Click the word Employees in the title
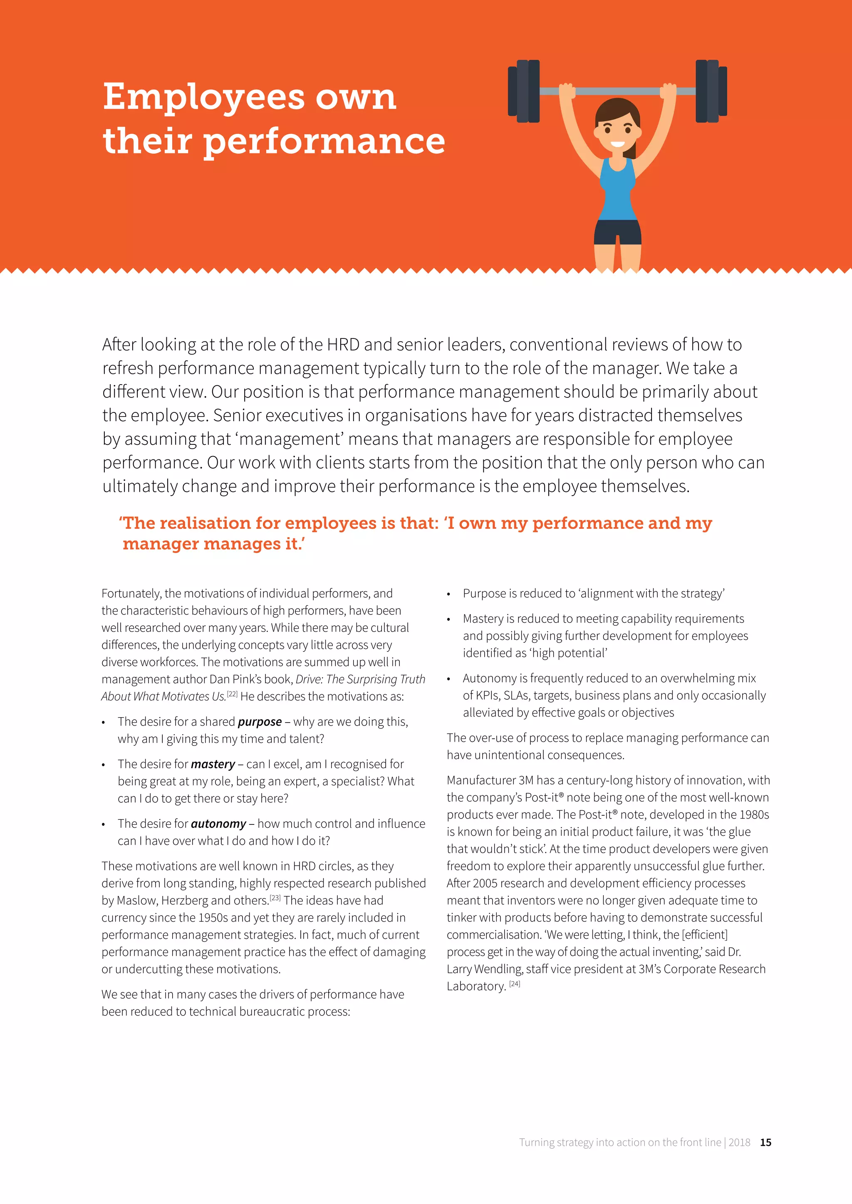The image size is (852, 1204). click(203, 98)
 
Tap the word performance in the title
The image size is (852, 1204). click(324, 143)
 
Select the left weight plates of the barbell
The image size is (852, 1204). click(524, 91)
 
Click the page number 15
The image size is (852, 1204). click(765, 1142)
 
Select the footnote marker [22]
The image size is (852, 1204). click(232, 694)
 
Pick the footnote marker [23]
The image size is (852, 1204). click(275, 898)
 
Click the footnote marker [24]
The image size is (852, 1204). click(515, 984)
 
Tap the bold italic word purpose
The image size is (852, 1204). click(260, 722)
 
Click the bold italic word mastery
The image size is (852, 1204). click(213, 764)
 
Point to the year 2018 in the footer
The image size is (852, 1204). click(739, 1142)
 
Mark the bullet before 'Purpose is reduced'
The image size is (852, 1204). click(448, 595)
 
